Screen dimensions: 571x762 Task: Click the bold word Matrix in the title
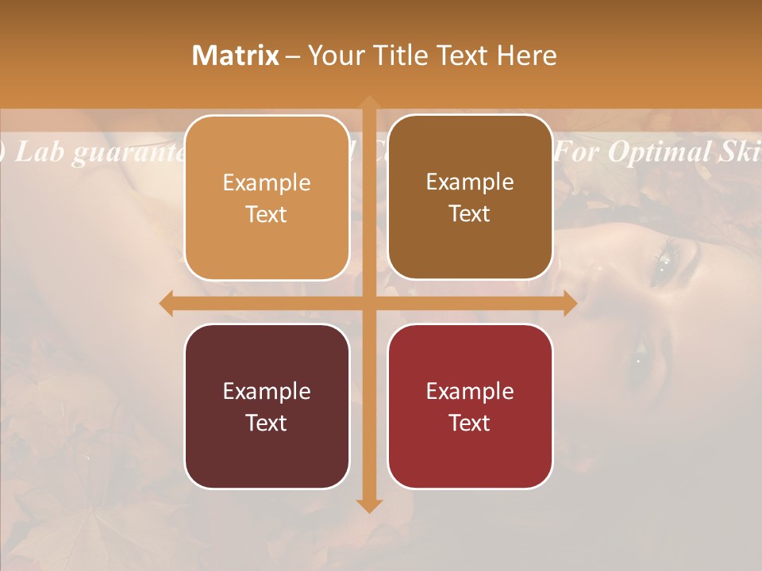click(236, 56)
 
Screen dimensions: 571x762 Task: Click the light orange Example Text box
click(267, 198)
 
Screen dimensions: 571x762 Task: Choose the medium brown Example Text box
click(470, 197)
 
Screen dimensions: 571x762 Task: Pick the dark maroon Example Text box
click(267, 406)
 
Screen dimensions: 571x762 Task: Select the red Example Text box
click(470, 406)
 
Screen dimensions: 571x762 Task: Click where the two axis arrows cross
click(369, 304)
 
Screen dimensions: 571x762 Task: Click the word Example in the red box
click(470, 391)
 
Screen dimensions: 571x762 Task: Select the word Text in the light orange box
click(267, 215)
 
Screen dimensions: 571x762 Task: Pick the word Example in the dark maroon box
click(267, 391)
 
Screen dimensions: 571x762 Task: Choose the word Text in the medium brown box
click(470, 214)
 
